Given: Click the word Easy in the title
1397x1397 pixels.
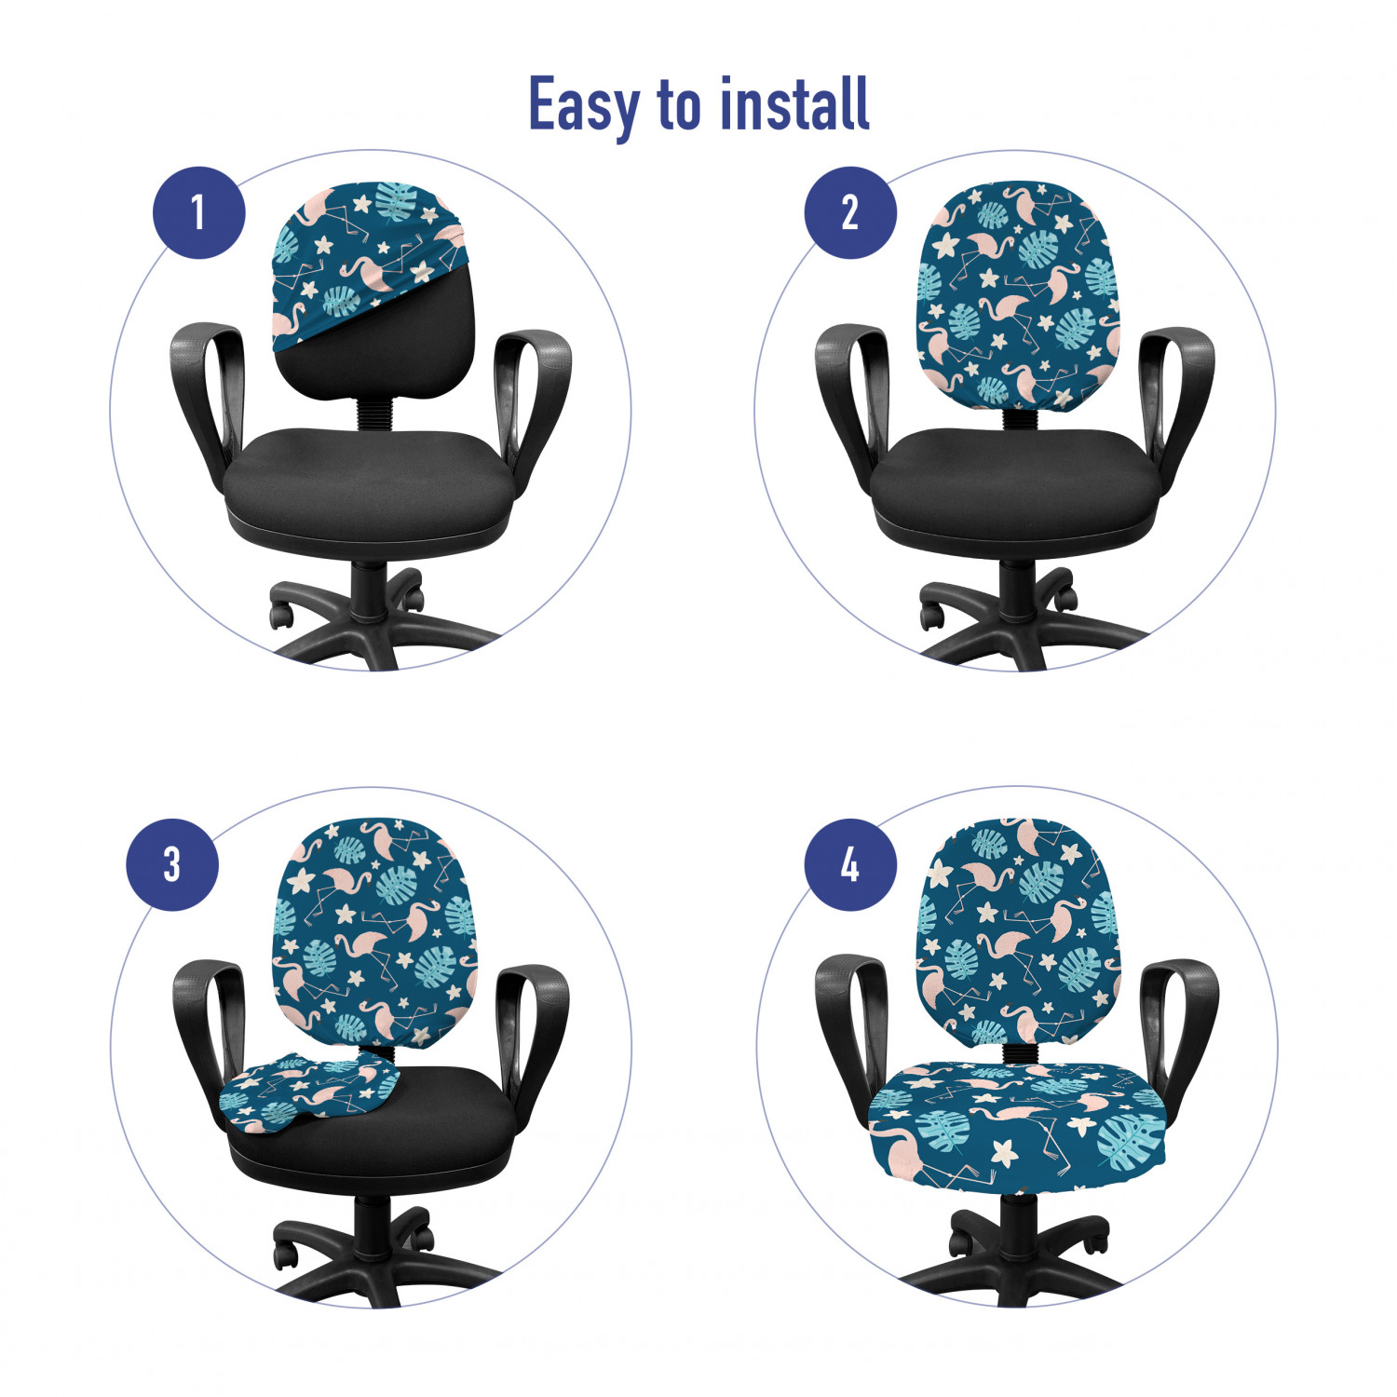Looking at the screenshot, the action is (x=584, y=106).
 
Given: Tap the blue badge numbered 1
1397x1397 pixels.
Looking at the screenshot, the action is (x=198, y=212).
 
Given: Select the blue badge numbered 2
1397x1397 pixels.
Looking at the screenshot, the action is (x=850, y=212).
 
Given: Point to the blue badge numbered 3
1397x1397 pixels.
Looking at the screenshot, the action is (x=172, y=864).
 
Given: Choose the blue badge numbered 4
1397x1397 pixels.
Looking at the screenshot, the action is (x=850, y=864).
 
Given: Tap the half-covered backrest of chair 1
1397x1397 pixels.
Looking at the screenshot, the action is (x=373, y=289).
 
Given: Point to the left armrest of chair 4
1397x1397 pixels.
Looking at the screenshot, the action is (x=849, y=1029).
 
